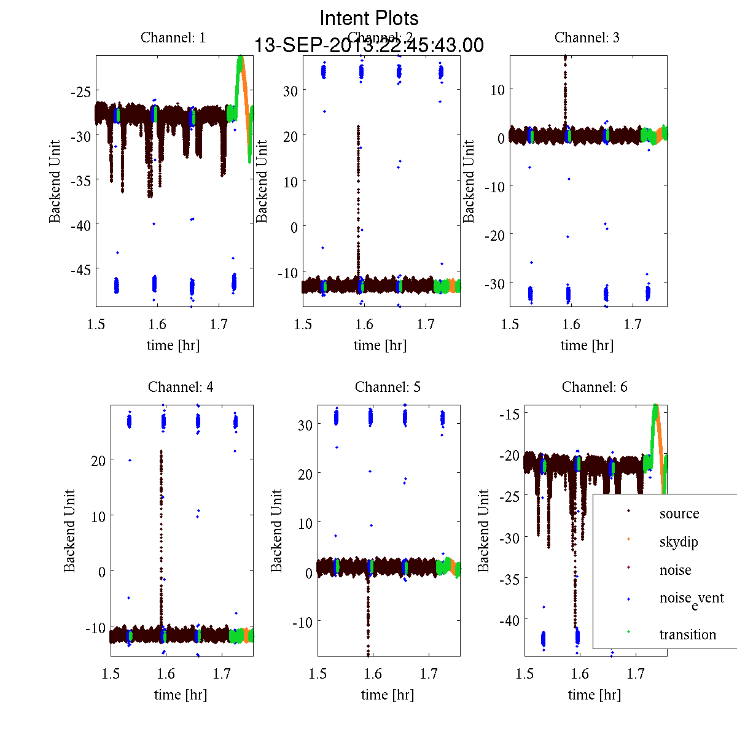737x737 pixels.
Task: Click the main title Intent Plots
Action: pyautogui.click(x=369, y=18)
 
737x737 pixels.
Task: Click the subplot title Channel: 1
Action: pyautogui.click(x=173, y=37)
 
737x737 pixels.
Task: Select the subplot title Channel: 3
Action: pyautogui.click(x=587, y=37)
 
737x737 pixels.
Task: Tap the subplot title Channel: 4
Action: pyautogui.click(x=181, y=387)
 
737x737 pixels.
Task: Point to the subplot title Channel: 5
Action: pyautogui.click(x=388, y=387)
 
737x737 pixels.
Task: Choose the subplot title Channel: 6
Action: pyautogui.click(x=595, y=387)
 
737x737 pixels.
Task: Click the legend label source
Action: pyautogui.click(x=679, y=513)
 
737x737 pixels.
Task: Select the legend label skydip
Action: pyautogui.click(x=679, y=542)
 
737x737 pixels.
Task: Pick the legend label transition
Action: pyautogui.click(x=688, y=634)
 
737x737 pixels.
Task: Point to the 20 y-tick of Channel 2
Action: pyautogui.click(x=290, y=136)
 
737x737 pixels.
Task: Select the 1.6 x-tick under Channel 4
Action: pyautogui.click(x=166, y=674)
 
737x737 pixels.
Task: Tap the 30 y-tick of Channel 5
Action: pyautogui.click(x=305, y=425)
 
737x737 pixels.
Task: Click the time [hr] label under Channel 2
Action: pyautogui.click(x=380, y=345)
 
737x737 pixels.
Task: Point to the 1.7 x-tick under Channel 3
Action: pyautogui.click(x=633, y=324)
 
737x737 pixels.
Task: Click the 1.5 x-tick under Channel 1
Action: pyautogui.click(x=96, y=324)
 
